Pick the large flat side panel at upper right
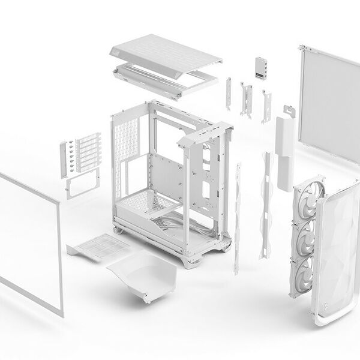[329, 102]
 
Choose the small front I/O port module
[261, 66]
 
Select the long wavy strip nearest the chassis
[238, 216]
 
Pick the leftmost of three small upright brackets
[229, 93]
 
